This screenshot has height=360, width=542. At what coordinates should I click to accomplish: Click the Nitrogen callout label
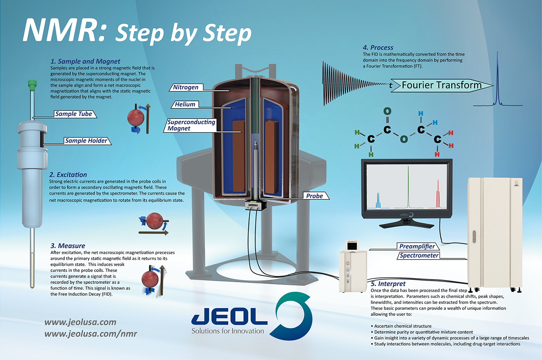point(186,87)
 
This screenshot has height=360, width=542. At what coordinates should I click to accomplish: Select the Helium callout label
point(185,104)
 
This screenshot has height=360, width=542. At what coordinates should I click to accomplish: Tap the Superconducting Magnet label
point(191,125)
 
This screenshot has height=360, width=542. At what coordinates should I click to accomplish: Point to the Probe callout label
point(314,196)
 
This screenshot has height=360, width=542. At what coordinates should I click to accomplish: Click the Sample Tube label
point(74,114)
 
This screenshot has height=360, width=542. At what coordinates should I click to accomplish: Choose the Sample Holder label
point(86,141)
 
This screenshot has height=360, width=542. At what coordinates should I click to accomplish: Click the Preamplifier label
point(417,246)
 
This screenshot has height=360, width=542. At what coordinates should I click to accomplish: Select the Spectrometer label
point(419,256)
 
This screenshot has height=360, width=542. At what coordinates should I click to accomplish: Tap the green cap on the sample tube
point(32,84)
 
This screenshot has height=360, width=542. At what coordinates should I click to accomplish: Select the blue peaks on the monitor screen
point(378,200)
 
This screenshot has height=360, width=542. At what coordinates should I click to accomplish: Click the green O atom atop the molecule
point(387,111)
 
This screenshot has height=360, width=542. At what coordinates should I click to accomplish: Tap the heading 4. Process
point(378,48)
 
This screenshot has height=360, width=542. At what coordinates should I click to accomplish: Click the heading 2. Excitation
point(68,175)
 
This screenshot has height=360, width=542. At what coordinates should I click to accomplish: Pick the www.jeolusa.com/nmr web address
point(91,334)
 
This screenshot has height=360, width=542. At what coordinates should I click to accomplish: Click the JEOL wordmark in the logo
point(230,316)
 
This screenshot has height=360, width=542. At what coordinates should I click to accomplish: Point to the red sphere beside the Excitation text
point(154,221)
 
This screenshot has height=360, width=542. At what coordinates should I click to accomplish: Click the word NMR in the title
point(64,31)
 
